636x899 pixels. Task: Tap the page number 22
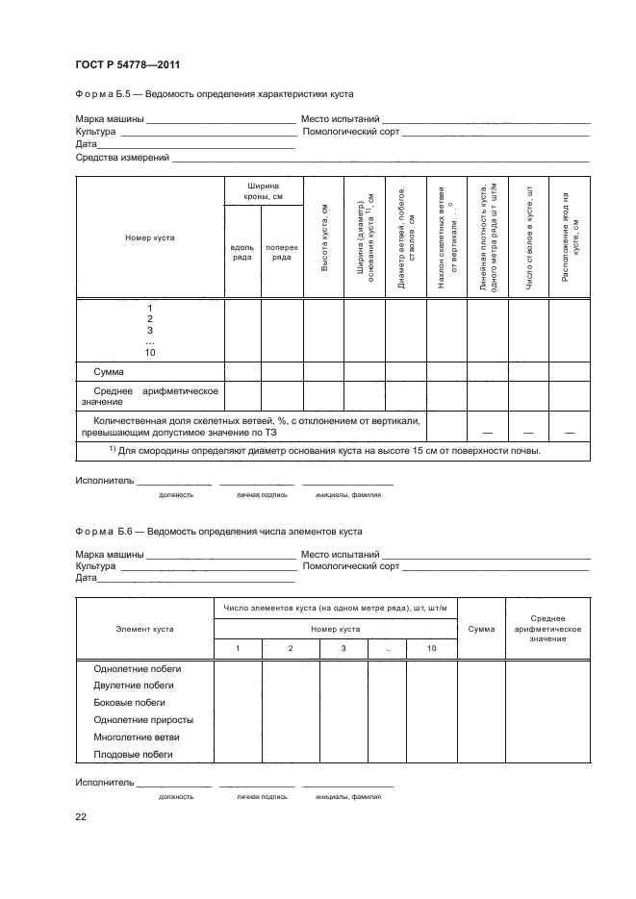tap(81, 815)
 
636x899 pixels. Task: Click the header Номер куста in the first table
tap(149, 237)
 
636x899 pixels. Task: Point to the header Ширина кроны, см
tap(263, 190)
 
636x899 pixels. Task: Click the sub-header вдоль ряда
tap(242, 252)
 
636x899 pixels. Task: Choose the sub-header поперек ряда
tap(282, 252)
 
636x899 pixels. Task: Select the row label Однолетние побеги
tap(137, 668)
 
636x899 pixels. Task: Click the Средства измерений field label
tap(122, 157)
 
